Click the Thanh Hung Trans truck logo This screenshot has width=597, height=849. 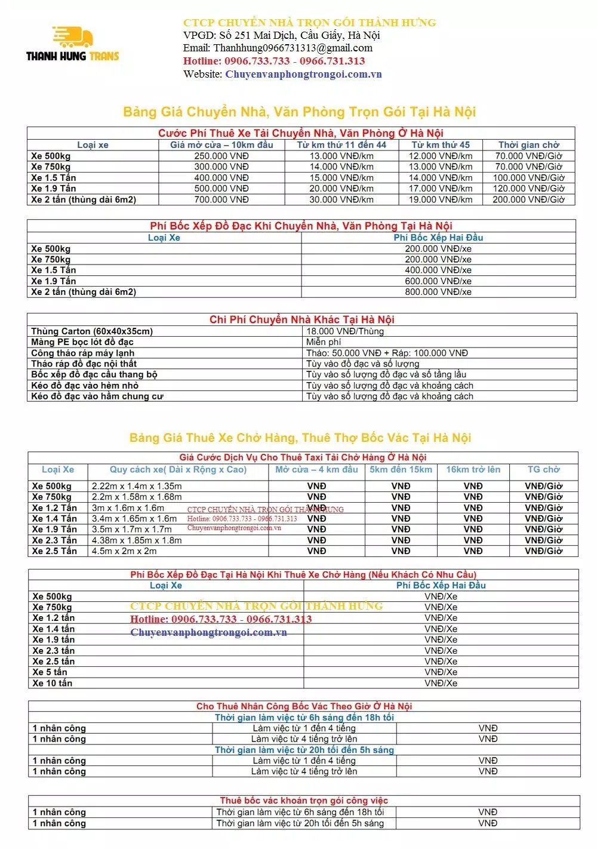point(73,44)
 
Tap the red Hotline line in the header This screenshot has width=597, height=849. point(274,61)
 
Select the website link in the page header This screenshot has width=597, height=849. point(303,74)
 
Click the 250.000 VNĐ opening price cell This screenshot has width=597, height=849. point(221,156)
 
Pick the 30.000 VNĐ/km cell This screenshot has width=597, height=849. point(341,199)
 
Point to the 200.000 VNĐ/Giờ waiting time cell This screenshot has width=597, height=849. point(528,199)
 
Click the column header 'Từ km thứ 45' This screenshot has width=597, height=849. point(441,144)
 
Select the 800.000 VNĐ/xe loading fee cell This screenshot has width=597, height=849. point(438,292)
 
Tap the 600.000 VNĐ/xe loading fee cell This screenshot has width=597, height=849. point(438,281)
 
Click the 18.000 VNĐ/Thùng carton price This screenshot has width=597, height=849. point(345,331)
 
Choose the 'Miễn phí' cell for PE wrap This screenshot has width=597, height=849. point(325,342)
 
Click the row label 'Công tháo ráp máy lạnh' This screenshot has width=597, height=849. point(83,353)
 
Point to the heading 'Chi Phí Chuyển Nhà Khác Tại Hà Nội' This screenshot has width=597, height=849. point(301,319)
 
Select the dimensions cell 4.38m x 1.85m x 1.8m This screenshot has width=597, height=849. point(137,540)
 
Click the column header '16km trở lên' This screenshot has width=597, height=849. point(473,469)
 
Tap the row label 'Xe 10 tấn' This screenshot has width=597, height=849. point(53,683)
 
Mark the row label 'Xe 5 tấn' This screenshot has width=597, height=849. point(50,672)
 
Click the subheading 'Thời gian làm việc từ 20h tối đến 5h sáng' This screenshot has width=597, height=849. point(304,750)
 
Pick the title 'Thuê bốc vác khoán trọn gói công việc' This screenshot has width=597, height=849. point(304,801)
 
